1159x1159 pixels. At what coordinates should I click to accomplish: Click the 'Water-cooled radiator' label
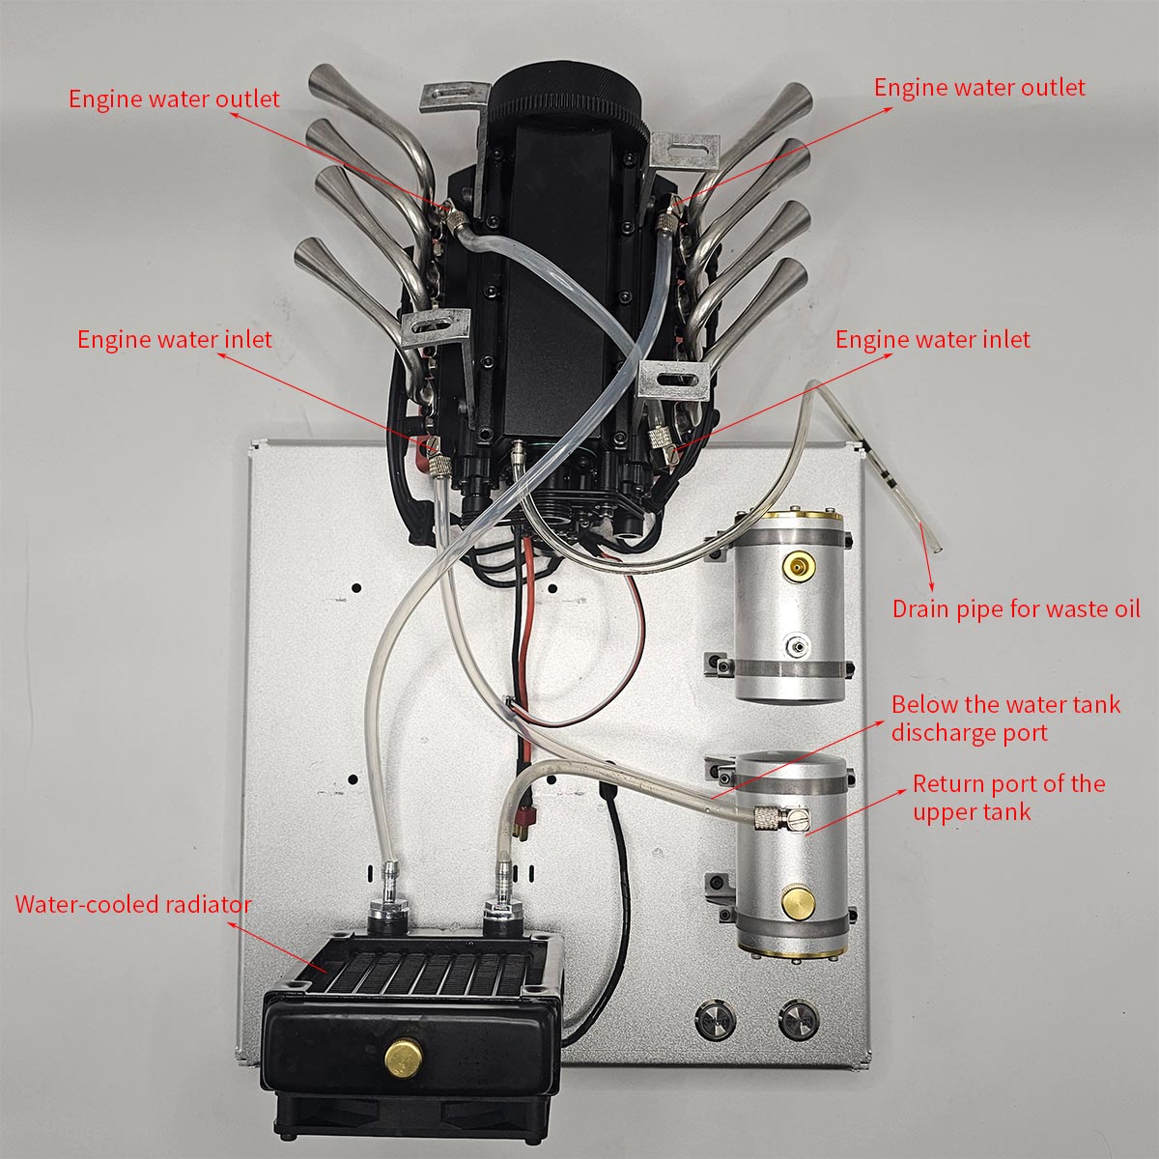[132, 905]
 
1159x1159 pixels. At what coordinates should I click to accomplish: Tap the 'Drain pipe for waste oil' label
[1015, 609]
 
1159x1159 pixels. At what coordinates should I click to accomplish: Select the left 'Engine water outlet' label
[174, 99]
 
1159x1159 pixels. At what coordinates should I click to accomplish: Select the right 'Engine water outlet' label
[979, 87]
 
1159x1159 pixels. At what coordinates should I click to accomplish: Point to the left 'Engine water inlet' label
[174, 340]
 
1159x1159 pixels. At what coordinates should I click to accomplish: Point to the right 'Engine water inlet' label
[932, 340]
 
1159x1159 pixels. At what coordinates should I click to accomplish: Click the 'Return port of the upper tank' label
[1008, 797]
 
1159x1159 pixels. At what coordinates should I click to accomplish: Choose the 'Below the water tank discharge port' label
[1004, 718]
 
